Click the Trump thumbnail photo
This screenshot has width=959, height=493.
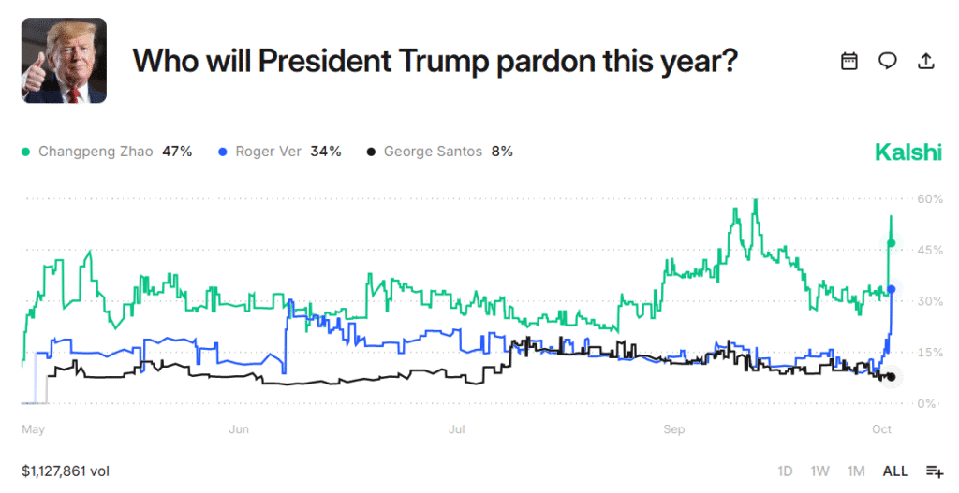point(64,61)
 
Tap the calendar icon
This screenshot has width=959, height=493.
point(849,61)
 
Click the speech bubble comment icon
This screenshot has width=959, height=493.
point(887,61)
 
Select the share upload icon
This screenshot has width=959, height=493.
point(925,61)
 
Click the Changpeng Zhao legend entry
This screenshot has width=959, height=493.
point(106,152)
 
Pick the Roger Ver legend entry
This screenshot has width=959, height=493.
point(279,152)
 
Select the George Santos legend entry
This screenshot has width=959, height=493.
point(439,152)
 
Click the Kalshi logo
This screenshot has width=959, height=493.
point(907,152)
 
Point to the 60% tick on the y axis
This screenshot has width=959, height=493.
point(929,198)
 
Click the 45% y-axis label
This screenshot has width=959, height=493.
point(929,250)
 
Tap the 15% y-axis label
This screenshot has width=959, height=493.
point(929,353)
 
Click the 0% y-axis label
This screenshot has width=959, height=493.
point(926,403)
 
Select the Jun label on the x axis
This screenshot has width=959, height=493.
point(240,429)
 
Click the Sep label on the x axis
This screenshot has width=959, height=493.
point(674,429)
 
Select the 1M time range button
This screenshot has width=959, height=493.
point(855,471)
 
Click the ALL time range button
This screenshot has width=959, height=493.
point(895,471)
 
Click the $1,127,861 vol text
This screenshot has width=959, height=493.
point(66,471)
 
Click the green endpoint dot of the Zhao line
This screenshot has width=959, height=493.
point(891,243)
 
